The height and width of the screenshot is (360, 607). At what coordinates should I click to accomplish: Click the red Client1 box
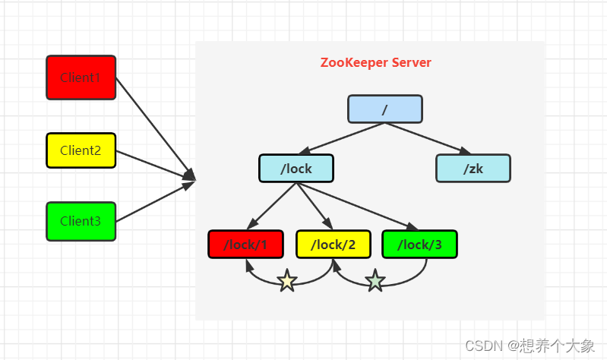click(81, 77)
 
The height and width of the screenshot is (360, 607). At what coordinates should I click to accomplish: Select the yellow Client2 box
click(81, 150)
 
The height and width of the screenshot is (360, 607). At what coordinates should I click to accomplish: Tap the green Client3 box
click(81, 221)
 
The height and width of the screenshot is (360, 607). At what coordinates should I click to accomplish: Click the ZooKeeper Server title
click(375, 62)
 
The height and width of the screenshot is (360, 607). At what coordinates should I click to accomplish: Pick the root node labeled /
click(385, 109)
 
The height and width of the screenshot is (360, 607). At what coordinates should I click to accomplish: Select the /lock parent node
click(296, 169)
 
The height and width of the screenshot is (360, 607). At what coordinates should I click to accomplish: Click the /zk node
click(473, 169)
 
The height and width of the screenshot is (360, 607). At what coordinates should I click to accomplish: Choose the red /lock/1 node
click(245, 245)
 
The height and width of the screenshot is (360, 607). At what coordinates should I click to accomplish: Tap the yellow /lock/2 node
click(334, 245)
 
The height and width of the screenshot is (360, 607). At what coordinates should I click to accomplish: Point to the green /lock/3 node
click(419, 245)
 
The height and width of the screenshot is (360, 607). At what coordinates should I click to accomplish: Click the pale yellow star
click(287, 281)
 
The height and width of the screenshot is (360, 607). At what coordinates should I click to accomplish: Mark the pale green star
click(375, 281)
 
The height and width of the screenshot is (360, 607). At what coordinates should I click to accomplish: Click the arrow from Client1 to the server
click(155, 129)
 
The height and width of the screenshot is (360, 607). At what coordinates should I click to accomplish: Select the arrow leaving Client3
click(155, 201)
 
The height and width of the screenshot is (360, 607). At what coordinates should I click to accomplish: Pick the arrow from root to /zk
click(428, 138)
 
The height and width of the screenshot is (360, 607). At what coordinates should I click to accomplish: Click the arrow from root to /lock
click(342, 138)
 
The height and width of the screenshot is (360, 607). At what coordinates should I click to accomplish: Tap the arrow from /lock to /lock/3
click(357, 207)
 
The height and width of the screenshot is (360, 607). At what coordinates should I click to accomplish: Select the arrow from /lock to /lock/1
click(271, 207)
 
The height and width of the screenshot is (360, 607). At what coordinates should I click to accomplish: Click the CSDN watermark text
click(530, 346)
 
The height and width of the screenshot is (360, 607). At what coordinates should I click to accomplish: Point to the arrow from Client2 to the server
click(155, 166)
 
